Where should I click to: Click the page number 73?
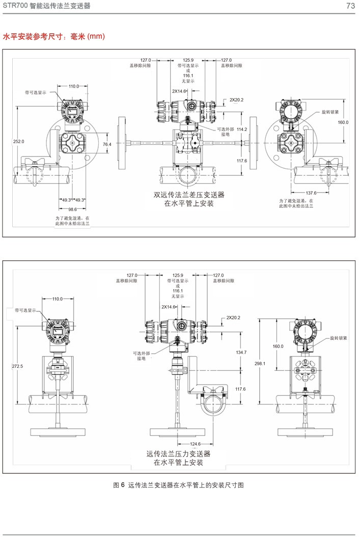350,6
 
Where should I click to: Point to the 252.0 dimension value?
18,141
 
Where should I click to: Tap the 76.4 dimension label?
107,145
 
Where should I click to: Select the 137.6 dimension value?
312,193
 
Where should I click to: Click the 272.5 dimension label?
17,366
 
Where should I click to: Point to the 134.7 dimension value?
241,353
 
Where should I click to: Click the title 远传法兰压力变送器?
178,453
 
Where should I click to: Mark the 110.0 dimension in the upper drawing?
74,87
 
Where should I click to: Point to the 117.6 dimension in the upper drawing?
242,161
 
